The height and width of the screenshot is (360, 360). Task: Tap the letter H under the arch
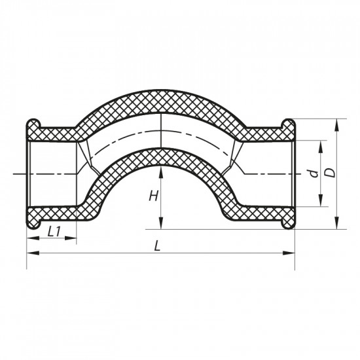click(153, 196)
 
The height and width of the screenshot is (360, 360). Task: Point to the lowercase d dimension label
click(314, 174)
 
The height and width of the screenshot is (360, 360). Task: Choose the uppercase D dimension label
click(331, 173)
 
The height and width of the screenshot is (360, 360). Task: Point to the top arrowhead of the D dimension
click(337, 123)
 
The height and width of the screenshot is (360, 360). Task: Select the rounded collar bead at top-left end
click(34, 124)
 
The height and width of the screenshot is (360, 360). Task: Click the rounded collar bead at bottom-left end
click(34, 223)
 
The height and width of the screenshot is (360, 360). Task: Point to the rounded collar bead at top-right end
click(288, 124)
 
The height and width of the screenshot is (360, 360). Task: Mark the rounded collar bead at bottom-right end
click(288, 223)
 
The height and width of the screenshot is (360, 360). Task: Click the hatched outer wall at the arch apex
click(160, 101)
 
